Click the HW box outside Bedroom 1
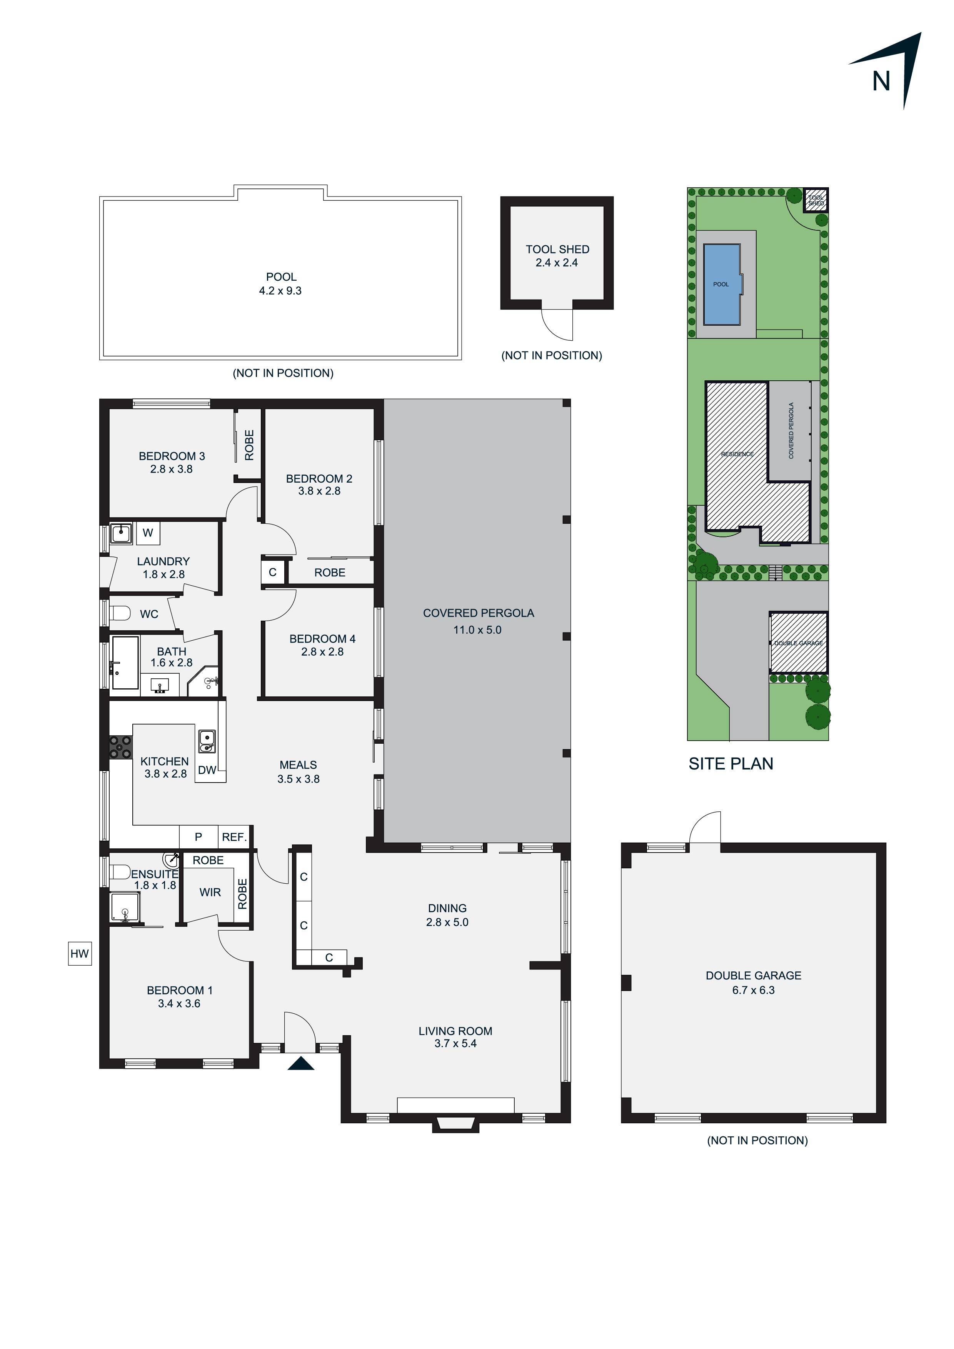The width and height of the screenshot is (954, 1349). (79, 953)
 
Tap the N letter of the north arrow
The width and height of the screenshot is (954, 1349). (881, 81)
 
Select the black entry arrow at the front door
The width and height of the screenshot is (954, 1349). (300, 1063)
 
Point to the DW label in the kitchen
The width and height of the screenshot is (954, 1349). (207, 770)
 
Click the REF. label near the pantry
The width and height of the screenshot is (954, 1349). (234, 837)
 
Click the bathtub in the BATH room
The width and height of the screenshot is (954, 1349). (125, 662)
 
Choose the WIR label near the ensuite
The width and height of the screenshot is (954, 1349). (210, 892)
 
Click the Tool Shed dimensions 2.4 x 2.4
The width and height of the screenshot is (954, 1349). (557, 263)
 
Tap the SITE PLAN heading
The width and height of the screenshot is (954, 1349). (731, 763)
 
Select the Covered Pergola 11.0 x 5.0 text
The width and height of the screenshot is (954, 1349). (477, 629)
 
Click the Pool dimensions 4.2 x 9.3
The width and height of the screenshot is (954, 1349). (280, 290)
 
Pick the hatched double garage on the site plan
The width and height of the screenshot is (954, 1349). (798, 642)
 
